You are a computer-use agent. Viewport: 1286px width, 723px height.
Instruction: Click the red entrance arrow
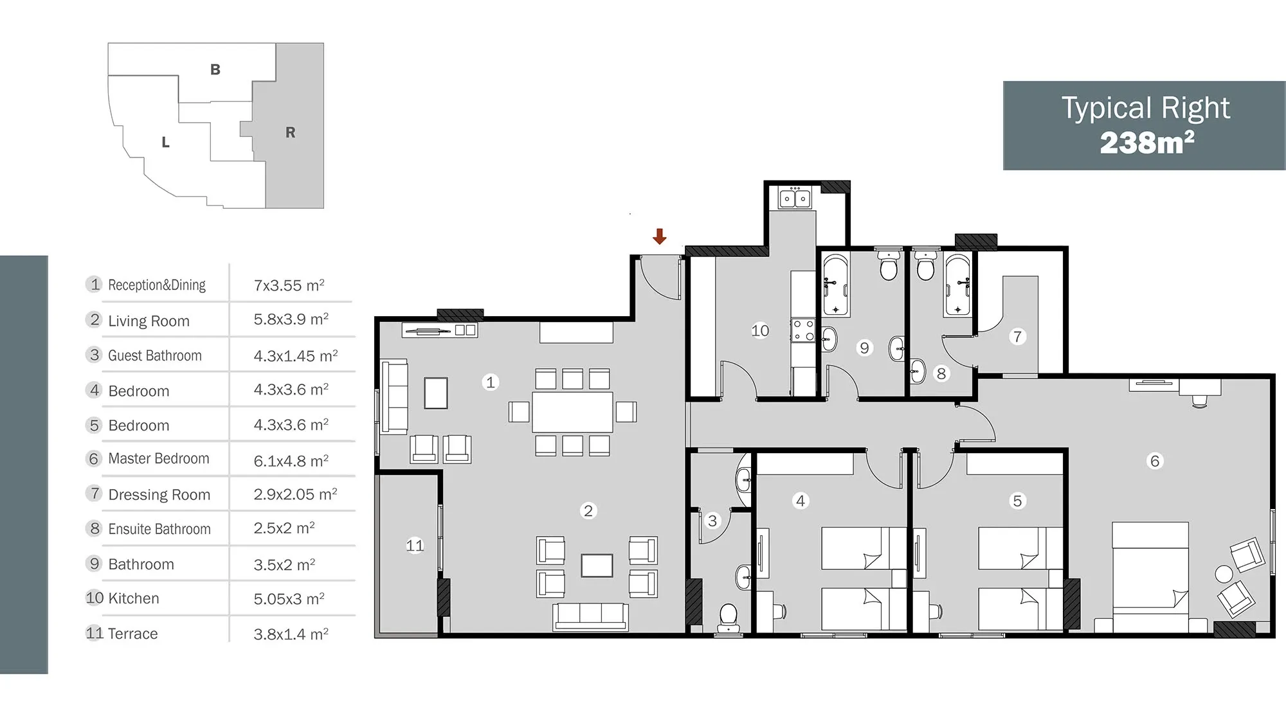pos(659,236)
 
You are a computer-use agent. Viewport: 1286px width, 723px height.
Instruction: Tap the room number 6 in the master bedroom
pos(1155,461)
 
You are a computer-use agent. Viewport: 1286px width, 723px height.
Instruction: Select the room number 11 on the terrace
pos(415,546)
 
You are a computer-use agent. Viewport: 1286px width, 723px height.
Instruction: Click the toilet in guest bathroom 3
pos(729,618)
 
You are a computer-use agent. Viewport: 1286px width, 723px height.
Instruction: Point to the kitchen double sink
pos(795,199)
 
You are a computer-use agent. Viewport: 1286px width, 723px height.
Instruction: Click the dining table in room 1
pos(572,412)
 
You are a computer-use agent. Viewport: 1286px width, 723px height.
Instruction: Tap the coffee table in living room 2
pos(597,566)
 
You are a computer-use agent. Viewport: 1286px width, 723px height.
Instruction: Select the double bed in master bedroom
pos(1150,576)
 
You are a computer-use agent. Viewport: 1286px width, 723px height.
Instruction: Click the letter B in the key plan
pos(215,69)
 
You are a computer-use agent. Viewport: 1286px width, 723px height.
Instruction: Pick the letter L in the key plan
pos(166,142)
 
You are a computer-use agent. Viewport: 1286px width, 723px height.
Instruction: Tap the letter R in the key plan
pos(291,132)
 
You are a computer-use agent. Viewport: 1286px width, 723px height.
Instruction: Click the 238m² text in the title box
pos(1147,143)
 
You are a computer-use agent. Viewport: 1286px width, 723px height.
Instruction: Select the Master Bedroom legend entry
pos(159,458)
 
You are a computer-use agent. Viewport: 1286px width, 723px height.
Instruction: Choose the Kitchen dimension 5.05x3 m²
pos(289,598)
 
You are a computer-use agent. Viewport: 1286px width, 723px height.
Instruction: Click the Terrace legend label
pos(133,634)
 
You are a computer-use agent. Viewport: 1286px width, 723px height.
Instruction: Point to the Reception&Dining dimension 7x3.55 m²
pos(289,285)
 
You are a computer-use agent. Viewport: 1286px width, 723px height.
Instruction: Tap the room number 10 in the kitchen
pos(760,330)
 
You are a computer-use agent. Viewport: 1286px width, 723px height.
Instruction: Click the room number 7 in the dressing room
pos(1017,336)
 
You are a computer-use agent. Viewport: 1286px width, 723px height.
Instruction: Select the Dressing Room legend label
pos(159,494)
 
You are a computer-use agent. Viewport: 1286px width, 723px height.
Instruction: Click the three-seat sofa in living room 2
pos(590,616)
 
